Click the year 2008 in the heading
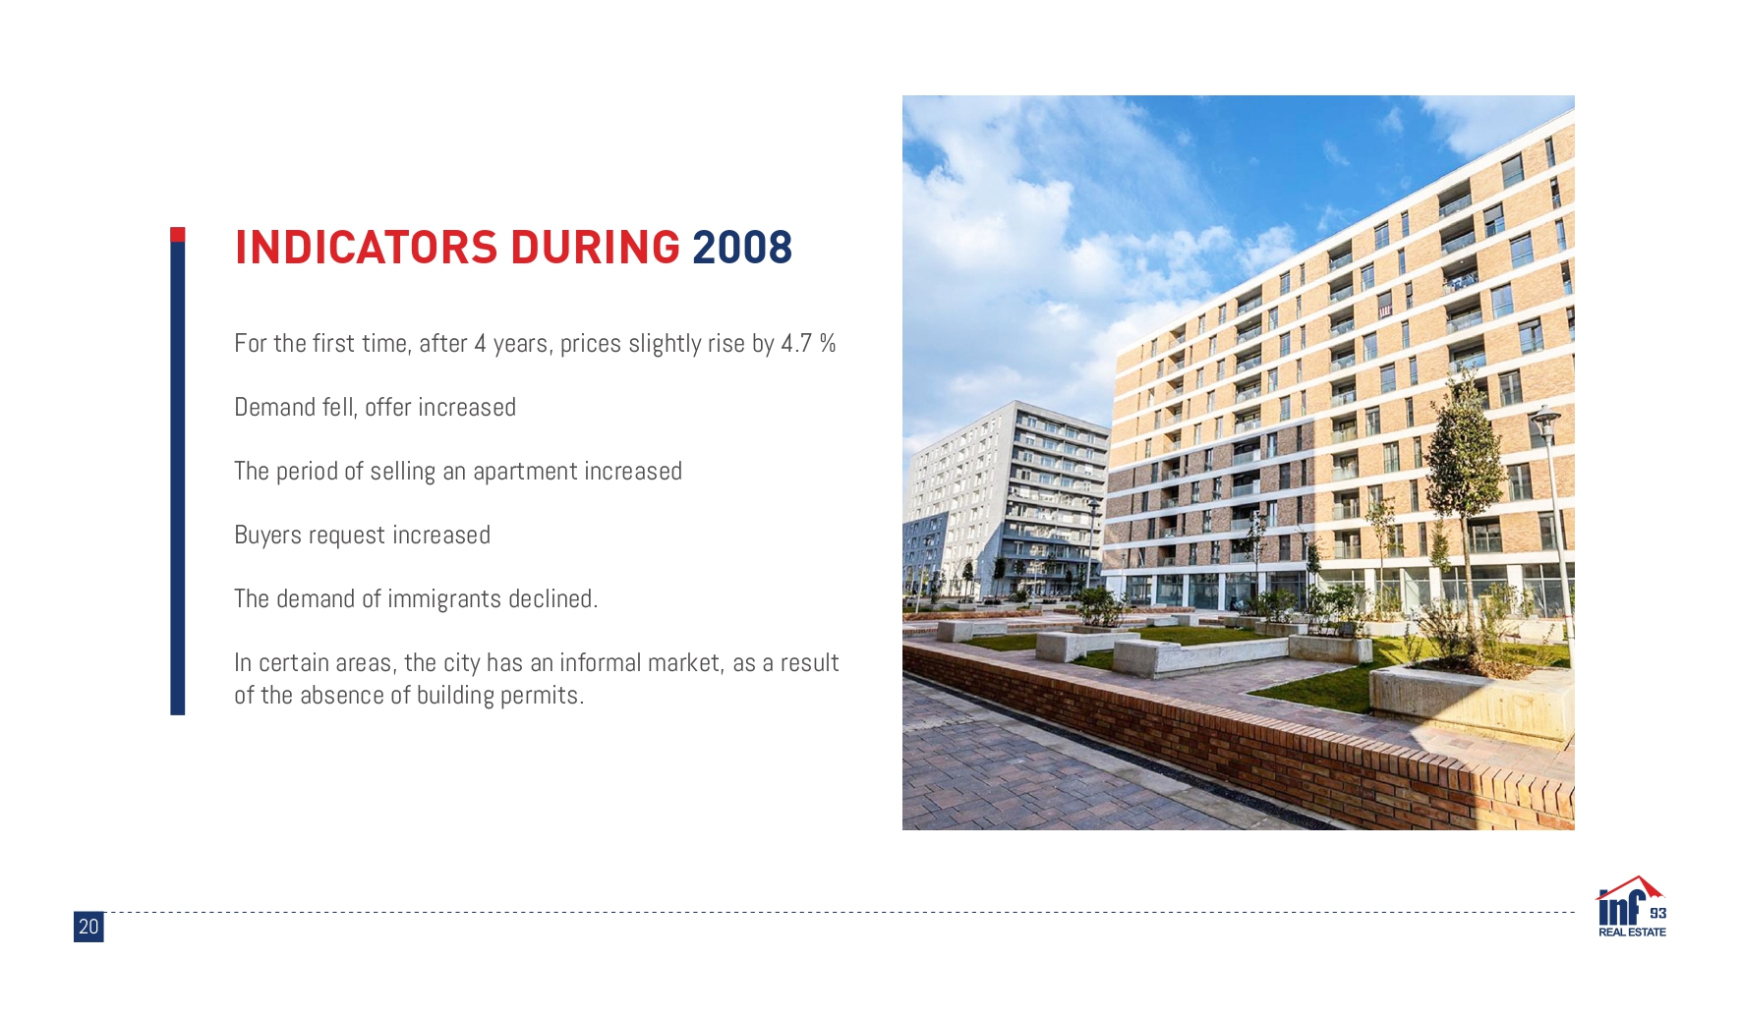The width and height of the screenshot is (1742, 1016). coord(742,248)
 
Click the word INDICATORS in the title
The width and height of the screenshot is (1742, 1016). coord(367,248)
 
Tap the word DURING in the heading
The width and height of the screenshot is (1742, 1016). coord(596,248)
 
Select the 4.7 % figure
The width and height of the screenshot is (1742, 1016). coord(808,343)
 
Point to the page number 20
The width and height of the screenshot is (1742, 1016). coord(88,927)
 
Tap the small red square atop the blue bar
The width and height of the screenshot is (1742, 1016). coord(178,234)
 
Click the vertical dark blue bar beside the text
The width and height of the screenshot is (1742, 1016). coord(178,478)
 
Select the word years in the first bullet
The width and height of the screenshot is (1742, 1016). coord(521,344)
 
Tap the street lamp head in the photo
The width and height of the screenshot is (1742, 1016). coord(1545,418)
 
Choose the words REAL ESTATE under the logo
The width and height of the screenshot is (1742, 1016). coord(1632,932)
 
